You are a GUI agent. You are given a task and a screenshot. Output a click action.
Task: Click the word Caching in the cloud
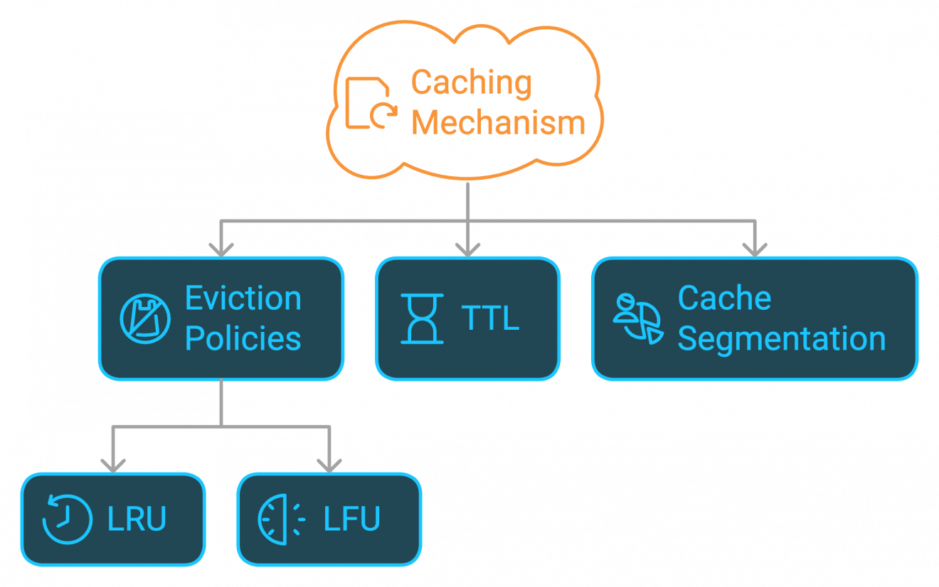[x=471, y=84]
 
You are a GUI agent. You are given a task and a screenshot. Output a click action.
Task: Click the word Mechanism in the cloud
[x=498, y=123]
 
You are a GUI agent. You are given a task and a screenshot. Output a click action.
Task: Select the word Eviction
[x=243, y=298]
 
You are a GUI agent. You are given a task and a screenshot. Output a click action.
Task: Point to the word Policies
[x=243, y=338]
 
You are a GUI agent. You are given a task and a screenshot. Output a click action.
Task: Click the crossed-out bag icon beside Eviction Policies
[x=145, y=319]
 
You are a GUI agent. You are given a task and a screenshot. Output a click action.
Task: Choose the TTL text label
[x=490, y=318]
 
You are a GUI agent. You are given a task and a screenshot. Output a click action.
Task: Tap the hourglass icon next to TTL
[x=422, y=318]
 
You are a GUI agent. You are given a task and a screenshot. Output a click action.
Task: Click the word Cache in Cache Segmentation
[x=724, y=298]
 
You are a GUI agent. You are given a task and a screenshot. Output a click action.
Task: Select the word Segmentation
[x=781, y=339]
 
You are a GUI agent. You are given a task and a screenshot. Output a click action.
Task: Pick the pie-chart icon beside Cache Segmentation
[x=637, y=318]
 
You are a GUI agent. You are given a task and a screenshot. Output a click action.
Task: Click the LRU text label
[x=137, y=519]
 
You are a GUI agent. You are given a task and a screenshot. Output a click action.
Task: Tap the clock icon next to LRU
[x=68, y=519]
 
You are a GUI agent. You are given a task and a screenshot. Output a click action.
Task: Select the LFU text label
[x=352, y=519]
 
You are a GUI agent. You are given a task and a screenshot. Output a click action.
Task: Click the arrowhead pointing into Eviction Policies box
[x=221, y=249]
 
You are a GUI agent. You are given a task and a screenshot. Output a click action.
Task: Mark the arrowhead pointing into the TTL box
[x=467, y=249]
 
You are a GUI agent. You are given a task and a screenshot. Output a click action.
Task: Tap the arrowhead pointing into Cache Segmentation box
[x=754, y=249]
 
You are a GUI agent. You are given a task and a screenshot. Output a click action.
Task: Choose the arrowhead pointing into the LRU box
[x=112, y=465]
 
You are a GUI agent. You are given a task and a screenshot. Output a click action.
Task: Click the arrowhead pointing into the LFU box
[x=329, y=465]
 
